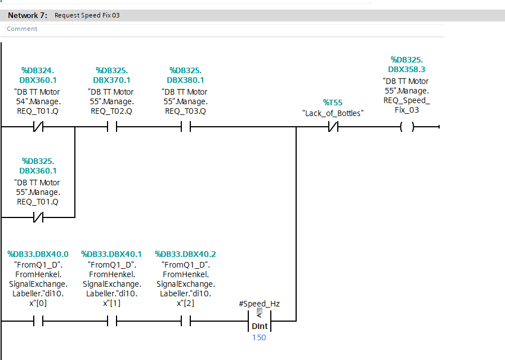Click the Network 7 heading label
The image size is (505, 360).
click(28, 15)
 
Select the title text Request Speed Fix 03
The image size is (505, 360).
click(87, 15)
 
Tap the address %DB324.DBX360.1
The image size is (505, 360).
click(38, 75)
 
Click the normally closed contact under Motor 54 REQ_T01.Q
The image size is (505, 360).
click(38, 127)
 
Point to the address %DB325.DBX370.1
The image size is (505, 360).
click(112, 75)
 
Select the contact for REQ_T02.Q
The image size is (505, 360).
click(112, 127)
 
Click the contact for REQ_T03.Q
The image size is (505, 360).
click(186, 127)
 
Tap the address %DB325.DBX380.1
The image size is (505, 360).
click(186, 75)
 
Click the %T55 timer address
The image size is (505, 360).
click(333, 103)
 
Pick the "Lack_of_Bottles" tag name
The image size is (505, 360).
click(333, 113)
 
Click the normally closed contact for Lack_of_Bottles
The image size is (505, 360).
click(333, 127)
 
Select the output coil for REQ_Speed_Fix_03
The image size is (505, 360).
click(407, 127)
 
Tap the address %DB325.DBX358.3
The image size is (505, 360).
click(407, 64)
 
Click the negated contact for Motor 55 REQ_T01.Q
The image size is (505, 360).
click(38, 217)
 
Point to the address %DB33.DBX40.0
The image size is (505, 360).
click(38, 254)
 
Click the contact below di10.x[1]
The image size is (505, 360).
click(112, 321)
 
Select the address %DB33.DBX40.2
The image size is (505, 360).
click(186, 254)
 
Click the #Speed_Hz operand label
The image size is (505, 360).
click(260, 304)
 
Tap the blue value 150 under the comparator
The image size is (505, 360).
click(259, 337)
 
